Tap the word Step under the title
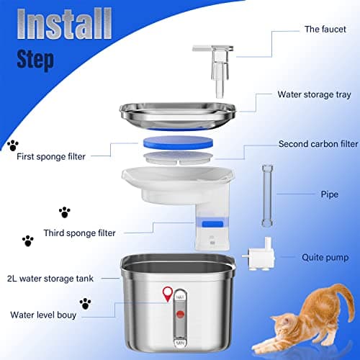pos(30,59)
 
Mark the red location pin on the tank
pos(168,292)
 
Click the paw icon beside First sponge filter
pos(12,145)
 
